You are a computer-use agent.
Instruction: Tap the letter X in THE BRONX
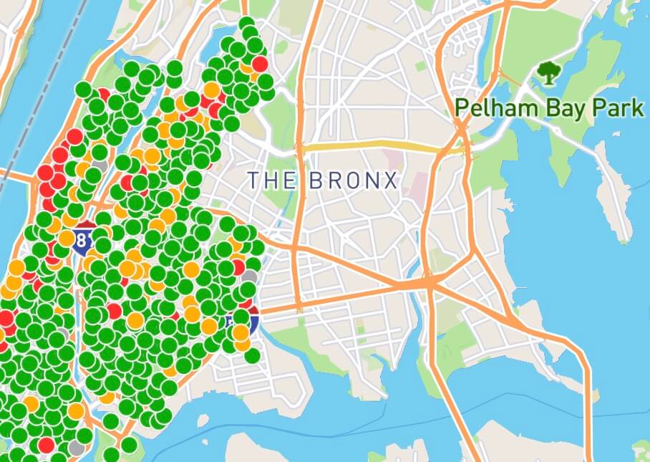pyautogui.click(x=391, y=181)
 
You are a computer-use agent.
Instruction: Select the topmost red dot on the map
pyautogui.click(x=260, y=64)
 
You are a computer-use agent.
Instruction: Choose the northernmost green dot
pyautogui.click(x=246, y=23)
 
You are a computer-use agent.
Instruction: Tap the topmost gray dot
pyautogui.click(x=101, y=165)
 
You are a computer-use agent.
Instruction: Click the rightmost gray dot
pyautogui.click(x=249, y=276)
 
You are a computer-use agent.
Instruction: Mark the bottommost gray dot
pyautogui.click(x=77, y=447)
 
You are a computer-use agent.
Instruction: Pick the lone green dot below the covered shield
pyautogui.click(x=252, y=355)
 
